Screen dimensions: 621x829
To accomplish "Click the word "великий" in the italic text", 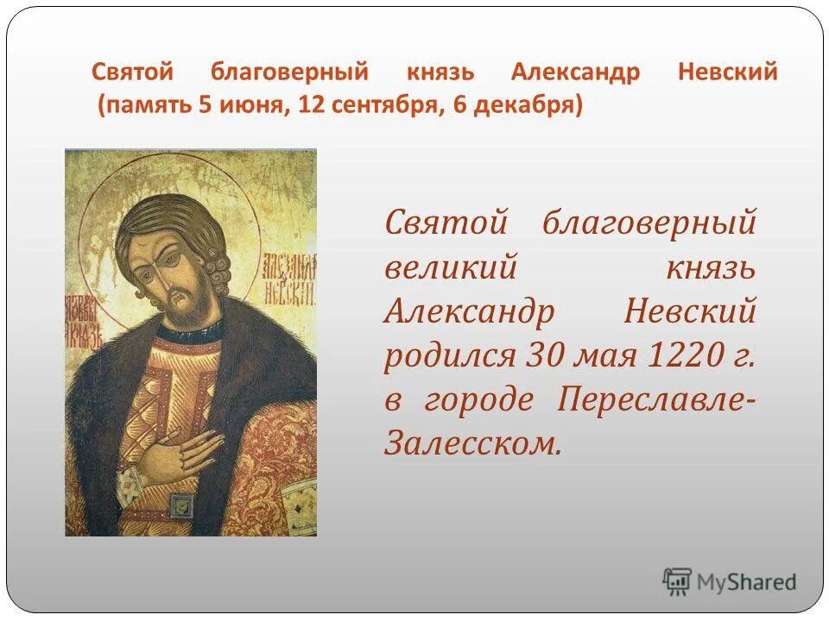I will pyautogui.click(x=450, y=267).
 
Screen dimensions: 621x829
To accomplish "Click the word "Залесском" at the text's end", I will pyautogui.click(x=472, y=443).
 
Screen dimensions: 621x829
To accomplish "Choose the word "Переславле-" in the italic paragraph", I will pyautogui.click(x=656, y=399).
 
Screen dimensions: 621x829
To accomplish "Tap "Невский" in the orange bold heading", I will pyautogui.click(x=728, y=72).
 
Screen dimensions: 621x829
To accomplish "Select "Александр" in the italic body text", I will pyautogui.click(x=469, y=310).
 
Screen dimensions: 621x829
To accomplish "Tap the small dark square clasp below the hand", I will pyautogui.click(x=182, y=505).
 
